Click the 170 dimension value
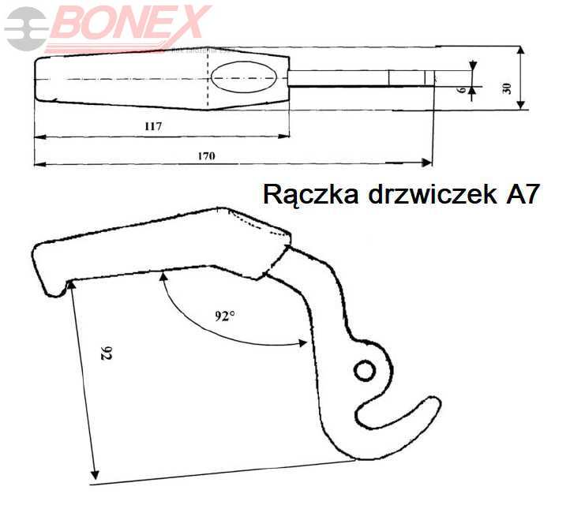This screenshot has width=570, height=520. pyautogui.click(x=206, y=155)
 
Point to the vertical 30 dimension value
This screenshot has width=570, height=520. pyautogui.click(x=507, y=88)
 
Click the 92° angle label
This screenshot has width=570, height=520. pyautogui.click(x=225, y=316)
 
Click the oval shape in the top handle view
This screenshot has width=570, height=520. pyautogui.click(x=244, y=79)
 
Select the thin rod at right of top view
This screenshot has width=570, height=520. pyautogui.click(x=355, y=79)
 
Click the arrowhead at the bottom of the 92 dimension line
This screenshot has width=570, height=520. pyautogui.click(x=96, y=476)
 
